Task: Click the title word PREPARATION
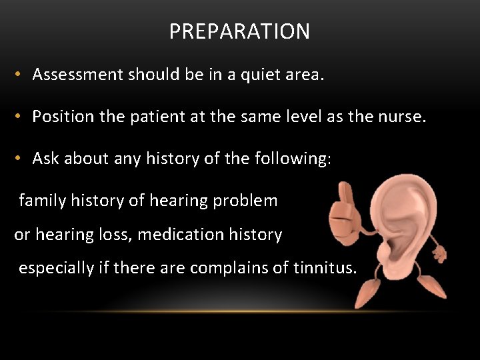click(x=239, y=31)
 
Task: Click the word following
click(x=291, y=159)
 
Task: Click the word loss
click(x=120, y=235)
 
